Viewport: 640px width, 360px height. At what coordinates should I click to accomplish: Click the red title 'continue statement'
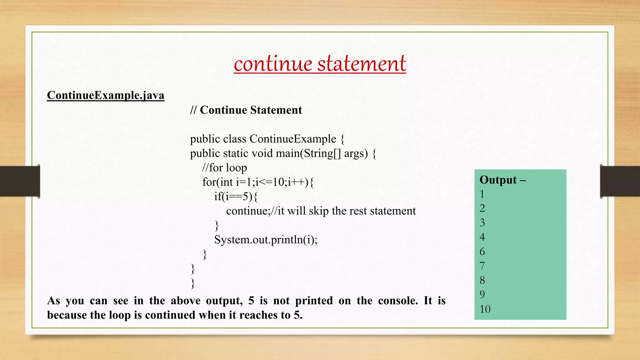point(320,64)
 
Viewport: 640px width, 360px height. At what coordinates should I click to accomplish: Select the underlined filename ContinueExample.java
point(106,95)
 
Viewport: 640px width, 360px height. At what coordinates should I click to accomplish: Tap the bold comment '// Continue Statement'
point(246,110)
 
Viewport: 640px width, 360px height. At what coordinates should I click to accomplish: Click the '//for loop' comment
point(224,168)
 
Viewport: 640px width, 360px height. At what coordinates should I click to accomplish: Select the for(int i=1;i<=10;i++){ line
point(258,182)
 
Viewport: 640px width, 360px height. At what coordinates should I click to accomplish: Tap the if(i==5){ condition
point(236,197)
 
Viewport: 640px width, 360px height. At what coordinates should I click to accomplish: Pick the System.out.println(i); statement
point(266,240)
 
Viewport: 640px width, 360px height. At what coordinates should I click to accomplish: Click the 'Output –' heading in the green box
point(502,180)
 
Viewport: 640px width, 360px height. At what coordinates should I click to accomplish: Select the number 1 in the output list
point(482,194)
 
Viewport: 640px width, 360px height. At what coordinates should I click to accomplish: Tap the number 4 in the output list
point(482,237)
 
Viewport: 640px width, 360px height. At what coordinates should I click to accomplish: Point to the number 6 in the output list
point(482,252)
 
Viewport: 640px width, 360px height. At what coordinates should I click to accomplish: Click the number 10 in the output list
point(485,309)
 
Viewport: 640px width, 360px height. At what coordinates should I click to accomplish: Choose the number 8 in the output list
point(482,280)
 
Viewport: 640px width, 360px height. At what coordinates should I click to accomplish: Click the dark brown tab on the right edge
point(620,181)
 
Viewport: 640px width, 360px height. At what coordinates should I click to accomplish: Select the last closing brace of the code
point(193,283)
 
